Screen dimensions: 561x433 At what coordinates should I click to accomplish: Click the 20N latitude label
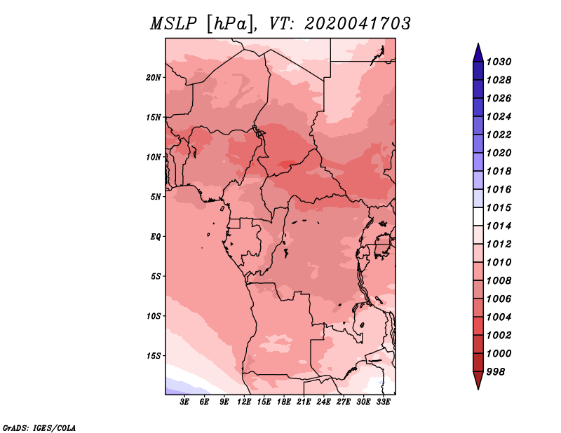coord(153,78)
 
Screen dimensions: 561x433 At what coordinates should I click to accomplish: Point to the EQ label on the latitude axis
coord(155,237)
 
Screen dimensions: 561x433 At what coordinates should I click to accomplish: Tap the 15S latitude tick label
coord(153,356)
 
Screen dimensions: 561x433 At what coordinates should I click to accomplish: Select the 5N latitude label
coord(155,197)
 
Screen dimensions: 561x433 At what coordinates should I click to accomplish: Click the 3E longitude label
coord(184,402)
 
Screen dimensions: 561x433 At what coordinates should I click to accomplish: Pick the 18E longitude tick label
coord(284,402)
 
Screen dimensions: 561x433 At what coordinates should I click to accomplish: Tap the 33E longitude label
coord(383,402)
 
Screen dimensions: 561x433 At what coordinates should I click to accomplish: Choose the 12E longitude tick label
coord(244,402)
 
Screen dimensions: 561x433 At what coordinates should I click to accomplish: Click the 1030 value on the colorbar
coord(499,62)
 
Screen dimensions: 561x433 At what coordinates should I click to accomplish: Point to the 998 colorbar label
coord(496,372)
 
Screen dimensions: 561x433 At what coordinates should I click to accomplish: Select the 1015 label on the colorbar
coord(499,207)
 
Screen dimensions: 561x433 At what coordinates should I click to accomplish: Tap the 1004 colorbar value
coord(499,317)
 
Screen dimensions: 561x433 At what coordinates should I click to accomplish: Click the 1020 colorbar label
coord(499,153)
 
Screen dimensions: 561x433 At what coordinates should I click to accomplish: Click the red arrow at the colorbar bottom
coord(478,380)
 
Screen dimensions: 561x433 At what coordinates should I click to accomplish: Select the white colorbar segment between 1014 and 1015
coord(478,216)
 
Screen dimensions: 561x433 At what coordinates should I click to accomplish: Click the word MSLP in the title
coord(173,24)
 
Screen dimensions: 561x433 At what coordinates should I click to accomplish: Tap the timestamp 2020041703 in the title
coord(358,24)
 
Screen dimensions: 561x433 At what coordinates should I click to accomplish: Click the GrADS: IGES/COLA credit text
coord(39,428)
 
